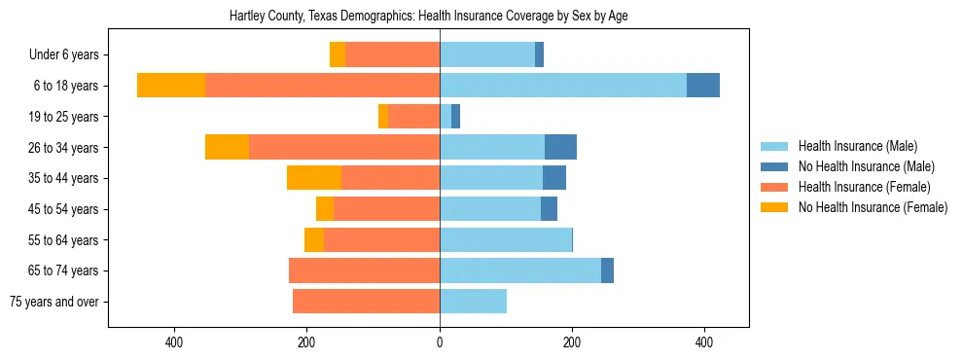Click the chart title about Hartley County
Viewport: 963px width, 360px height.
coord(428,17)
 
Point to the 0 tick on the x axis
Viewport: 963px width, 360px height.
coord(440,342)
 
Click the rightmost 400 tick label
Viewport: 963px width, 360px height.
coord(704,342)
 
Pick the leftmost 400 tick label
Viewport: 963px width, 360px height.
coord(175,342)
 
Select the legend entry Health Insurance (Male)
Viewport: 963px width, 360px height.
coord(857,146)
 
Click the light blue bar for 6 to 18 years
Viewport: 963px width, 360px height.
coord(563,86)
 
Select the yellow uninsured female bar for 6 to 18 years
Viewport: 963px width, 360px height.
coord(171,86)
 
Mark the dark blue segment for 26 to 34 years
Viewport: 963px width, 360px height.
coord(560,147)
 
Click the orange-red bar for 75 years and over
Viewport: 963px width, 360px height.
coord(366,302)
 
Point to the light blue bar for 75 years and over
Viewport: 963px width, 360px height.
coord(473,302)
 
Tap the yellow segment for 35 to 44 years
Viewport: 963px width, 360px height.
coord(314,178)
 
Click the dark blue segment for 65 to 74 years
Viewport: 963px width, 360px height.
coord(607,270)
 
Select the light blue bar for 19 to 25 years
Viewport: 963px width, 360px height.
coord(446,117)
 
